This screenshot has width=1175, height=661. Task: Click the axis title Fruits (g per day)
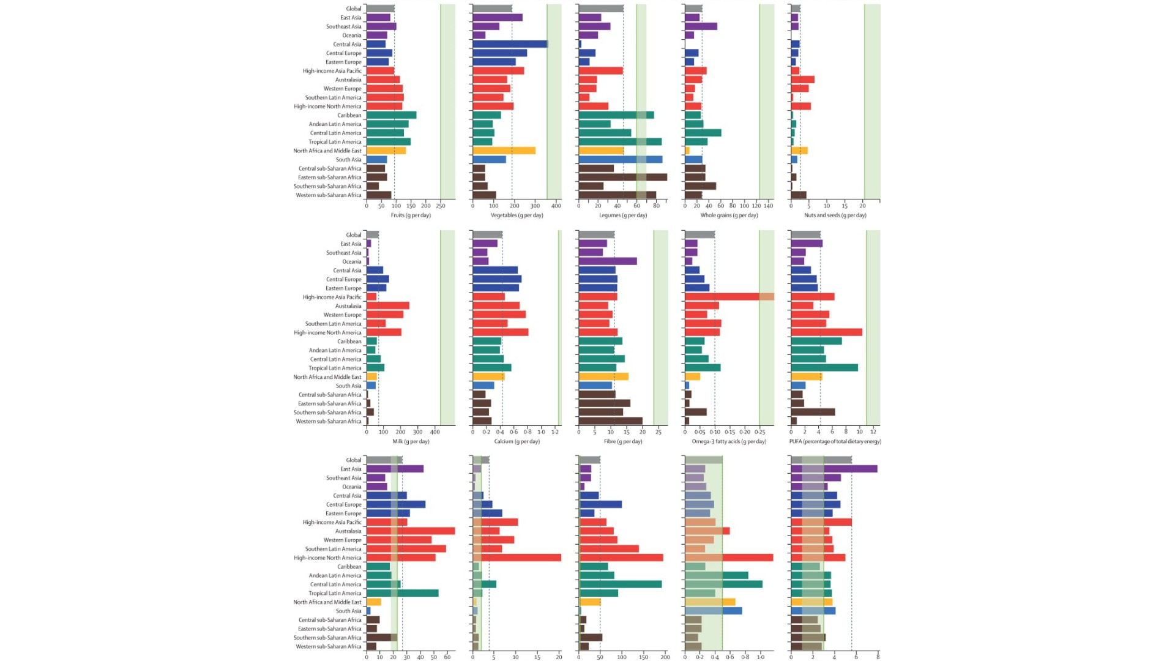[411, 215]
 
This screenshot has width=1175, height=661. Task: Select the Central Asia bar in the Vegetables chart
[510, 44]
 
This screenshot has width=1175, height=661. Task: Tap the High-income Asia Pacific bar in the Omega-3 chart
[729, 297]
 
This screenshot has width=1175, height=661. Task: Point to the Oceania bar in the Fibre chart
[607, 261]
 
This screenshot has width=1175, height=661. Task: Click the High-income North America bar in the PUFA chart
[826, 332]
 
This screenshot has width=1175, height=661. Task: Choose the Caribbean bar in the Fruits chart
[391, 115]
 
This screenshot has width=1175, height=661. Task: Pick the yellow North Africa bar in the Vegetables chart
[504, 151]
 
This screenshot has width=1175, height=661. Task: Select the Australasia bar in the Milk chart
[387, 306]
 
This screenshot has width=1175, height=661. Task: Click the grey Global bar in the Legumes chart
[601, 9]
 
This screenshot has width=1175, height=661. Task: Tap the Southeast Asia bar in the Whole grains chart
[701, 26]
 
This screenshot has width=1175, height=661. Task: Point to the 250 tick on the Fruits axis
[441, 206]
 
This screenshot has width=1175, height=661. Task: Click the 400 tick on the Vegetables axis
[556, 206]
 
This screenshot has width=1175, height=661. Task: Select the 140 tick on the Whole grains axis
[769, 206]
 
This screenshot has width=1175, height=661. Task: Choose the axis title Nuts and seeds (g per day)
[835, 215]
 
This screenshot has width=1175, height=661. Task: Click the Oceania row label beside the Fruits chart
[352, 35]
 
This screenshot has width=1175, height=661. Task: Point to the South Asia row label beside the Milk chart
[348, 386]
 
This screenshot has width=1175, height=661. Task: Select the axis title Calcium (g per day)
[517, 441]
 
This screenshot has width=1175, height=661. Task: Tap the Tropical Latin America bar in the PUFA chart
[824, 368]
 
